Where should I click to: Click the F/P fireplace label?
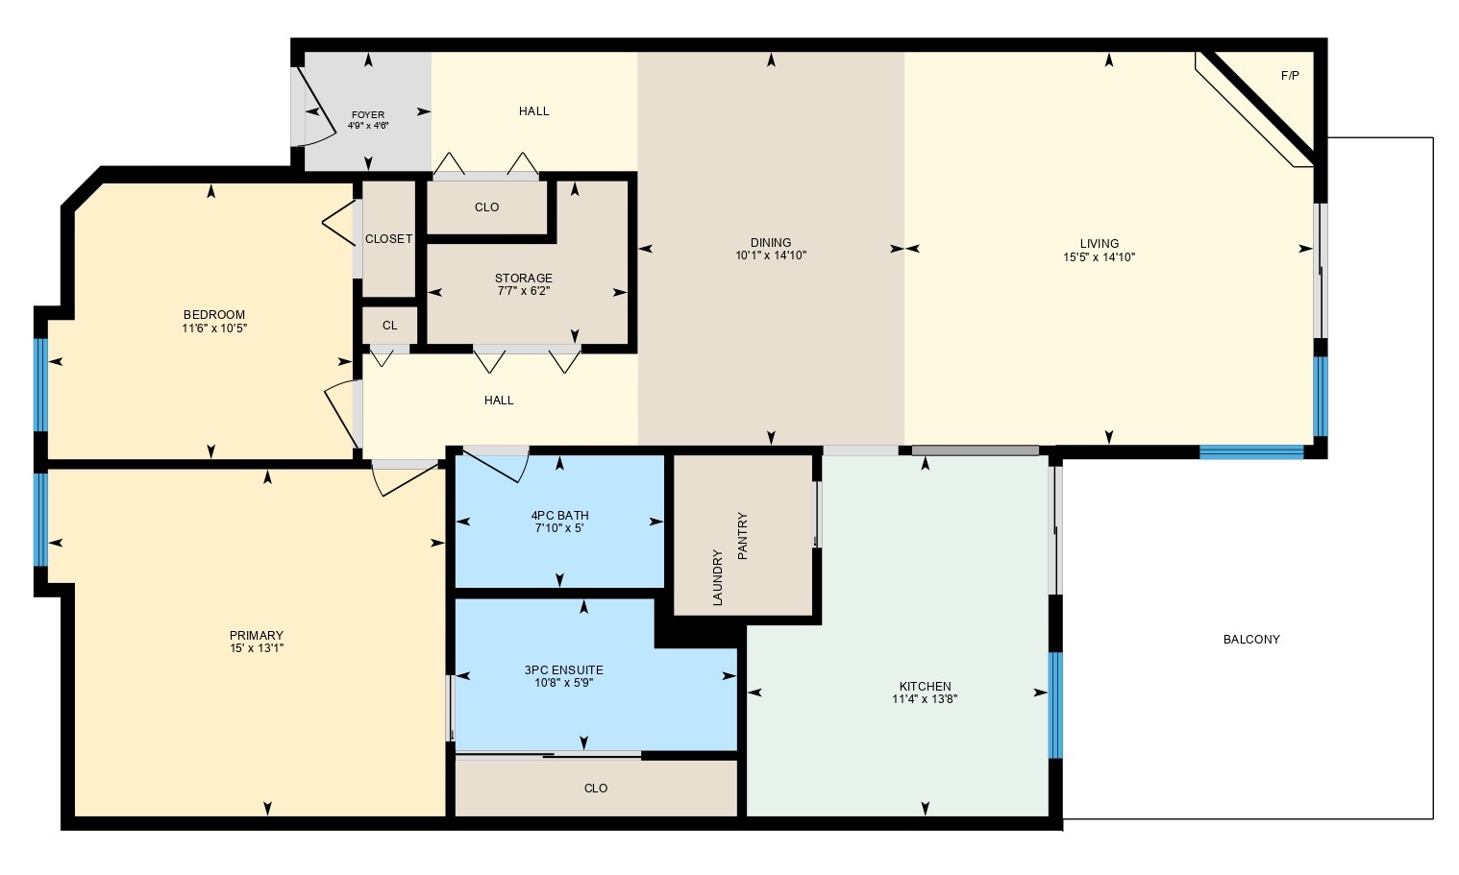(x=1290, y=76)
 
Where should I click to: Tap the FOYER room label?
(x=367, y=115)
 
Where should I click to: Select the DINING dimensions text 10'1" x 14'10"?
(x=771, y=256)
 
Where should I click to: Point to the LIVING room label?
(x=1099, y=243)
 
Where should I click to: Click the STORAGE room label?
(x=524, y=279)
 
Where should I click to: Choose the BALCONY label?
(x=1250, y=640)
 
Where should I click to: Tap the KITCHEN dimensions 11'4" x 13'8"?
(x=925, y=700)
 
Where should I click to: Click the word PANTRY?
(x=742, y=536)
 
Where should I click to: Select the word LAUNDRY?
(x=717, y=577)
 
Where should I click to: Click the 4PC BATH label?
(x=559, y=515)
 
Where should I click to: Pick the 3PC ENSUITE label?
(x=563, y=670)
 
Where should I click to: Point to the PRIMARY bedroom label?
(x=256, y=636)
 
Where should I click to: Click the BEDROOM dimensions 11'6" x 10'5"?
(x=214, y=328)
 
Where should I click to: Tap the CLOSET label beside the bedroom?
(x=388, y=239)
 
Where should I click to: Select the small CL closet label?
(x=389, y=326)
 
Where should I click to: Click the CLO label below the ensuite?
(x=595, y=789)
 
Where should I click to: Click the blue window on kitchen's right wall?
(x=1055, y=705)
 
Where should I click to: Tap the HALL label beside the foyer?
(x=533, y=111)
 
